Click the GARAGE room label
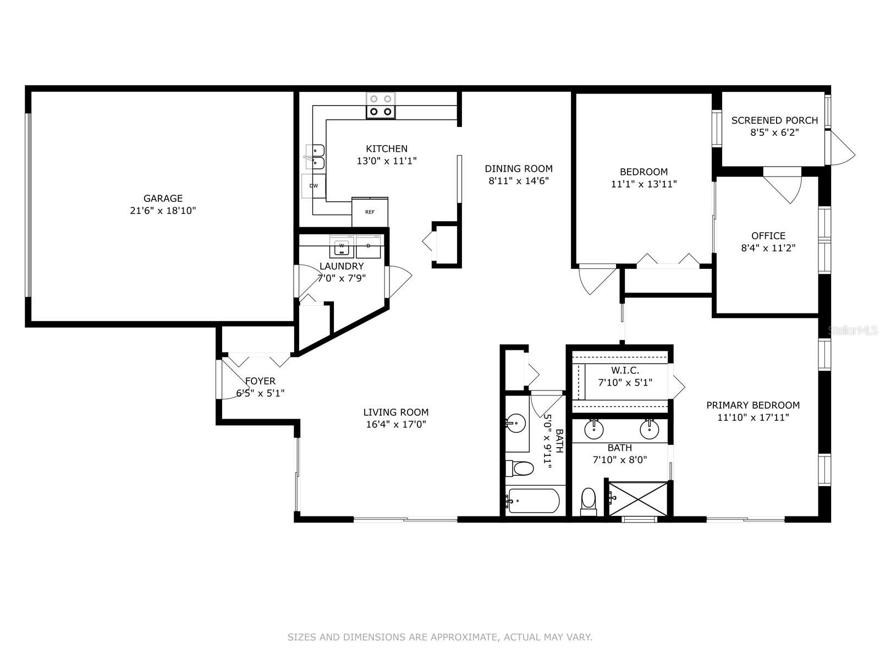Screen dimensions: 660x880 click(163, 199)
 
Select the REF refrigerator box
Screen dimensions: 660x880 click(370, 212)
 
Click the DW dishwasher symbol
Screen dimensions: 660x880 click(313, 186)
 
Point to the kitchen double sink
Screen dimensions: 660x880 click(316, 157)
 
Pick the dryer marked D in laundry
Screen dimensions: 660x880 click(369, 246)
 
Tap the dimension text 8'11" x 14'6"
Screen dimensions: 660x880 click(519, 180)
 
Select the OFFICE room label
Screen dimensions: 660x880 click(768, 236)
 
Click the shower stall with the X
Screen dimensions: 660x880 click(639, 499)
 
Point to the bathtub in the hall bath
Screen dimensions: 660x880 click(533, 501)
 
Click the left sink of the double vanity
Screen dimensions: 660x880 click(594, 429)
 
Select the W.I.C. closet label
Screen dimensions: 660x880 click(625, 371)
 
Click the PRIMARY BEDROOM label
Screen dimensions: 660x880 click(753, 405)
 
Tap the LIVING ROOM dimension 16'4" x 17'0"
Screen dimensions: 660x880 click(395, 424)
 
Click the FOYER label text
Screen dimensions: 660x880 click(260, 381)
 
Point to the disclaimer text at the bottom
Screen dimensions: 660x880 click(439, 637)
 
